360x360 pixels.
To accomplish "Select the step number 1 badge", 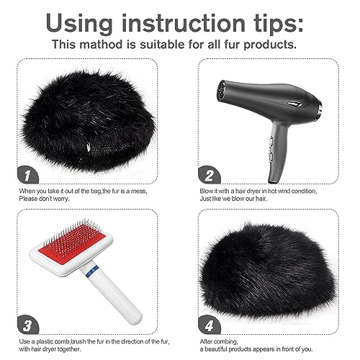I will coord(25,174).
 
